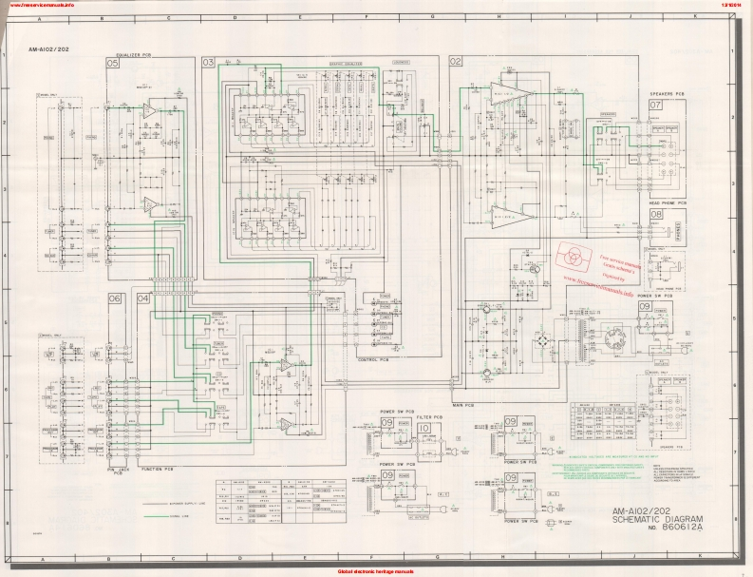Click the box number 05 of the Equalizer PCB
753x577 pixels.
click(x=112, y=62)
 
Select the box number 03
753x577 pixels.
click(x=208, y=62)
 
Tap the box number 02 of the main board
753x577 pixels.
click(x=456, y=62)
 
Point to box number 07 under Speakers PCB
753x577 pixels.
click(x=656, y=106)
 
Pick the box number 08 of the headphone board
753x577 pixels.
click(x=656, y=215)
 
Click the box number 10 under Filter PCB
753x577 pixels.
click(x=423, y=429)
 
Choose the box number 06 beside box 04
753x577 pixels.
click(x=114, y=298)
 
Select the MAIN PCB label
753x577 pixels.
click(x=464, y=407)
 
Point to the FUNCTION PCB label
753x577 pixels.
click(x=157, y=470)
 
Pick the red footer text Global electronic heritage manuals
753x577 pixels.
click(x=375, y=571)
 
